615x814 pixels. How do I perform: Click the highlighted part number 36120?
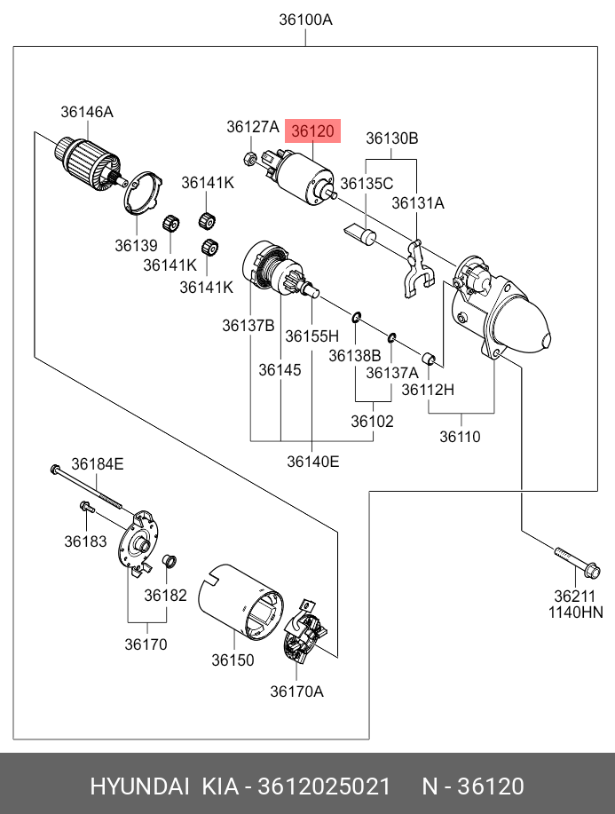click(312, 131)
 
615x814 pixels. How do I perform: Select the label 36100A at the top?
click(305, 20)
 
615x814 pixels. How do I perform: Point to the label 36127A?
click(252, 127)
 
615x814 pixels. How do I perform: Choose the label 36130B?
click(392, 138)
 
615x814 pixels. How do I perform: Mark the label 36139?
click(135, 245)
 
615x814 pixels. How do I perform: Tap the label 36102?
click(372, 422)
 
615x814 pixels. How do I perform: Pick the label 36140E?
click(312, 461)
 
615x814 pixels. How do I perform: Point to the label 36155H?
click(311, 336)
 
